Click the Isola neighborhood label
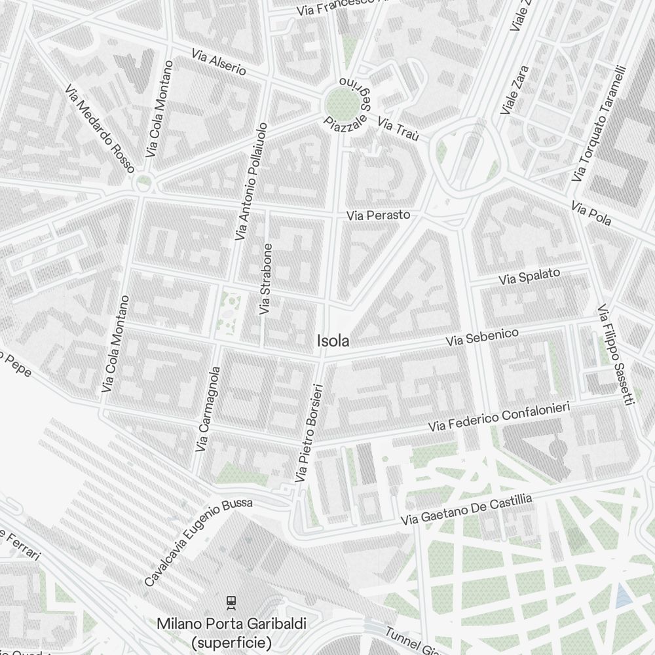pyautogui.click(x=333, y=341)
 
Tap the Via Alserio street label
pyautogui.click(x=219, y=62)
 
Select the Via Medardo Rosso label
pyautogui.click(x=100, y=128)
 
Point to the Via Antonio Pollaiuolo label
pyautogui.click(x=252, y=181)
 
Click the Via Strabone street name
pyautogui.click(x=266, y=279)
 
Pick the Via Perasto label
pyautogui.click(x=379, y=215)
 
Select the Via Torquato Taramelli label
pyautogui.click(x=599, y=124)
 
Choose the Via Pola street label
pyautogui.click(x=591, y=214)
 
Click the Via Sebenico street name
pyautogui.click(x=482, y=337)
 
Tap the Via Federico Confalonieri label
pyautogui.click(x=499, y=417)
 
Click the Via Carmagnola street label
pyautogui.click(x=209, y=409)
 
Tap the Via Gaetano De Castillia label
pyautogui.click(x=466, y=510)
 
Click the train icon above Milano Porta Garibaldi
pyautogui.click(x=231, y=601)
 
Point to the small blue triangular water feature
pyautogui.click(x=621, y=594)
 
